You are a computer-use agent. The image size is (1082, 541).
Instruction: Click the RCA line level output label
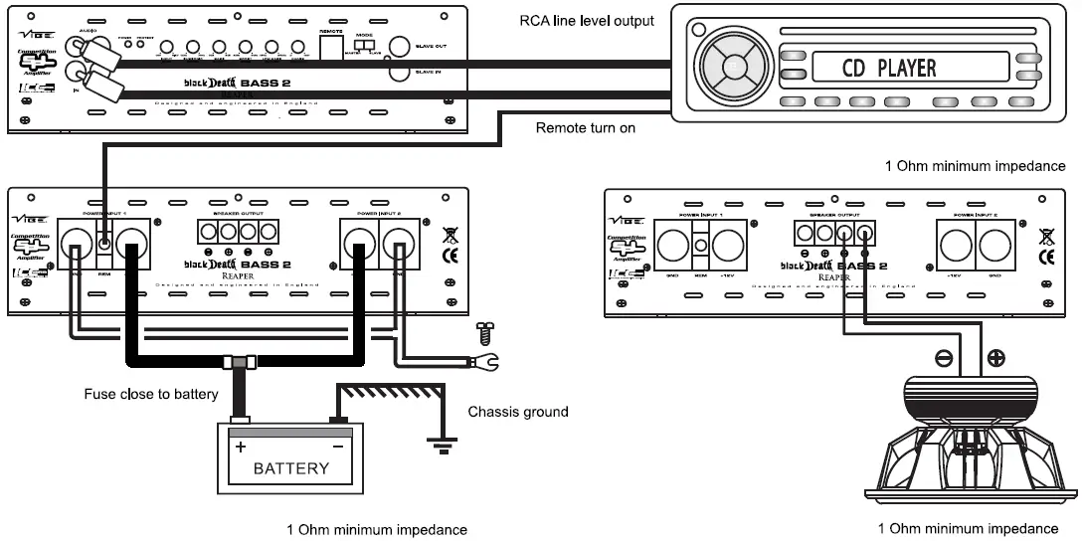[588, 20]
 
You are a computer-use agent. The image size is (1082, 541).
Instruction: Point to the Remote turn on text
[586, 127]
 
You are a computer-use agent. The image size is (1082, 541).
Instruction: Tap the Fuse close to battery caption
[151, 395]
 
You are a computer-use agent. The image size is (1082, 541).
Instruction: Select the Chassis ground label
[518, 411]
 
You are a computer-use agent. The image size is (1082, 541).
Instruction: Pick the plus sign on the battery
[240, 447]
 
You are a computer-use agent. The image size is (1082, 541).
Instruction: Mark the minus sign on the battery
[337, 447]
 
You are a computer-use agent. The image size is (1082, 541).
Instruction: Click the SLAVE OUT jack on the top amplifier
[400, 47]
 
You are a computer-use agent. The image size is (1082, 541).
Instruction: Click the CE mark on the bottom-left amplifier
[450, 256]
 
